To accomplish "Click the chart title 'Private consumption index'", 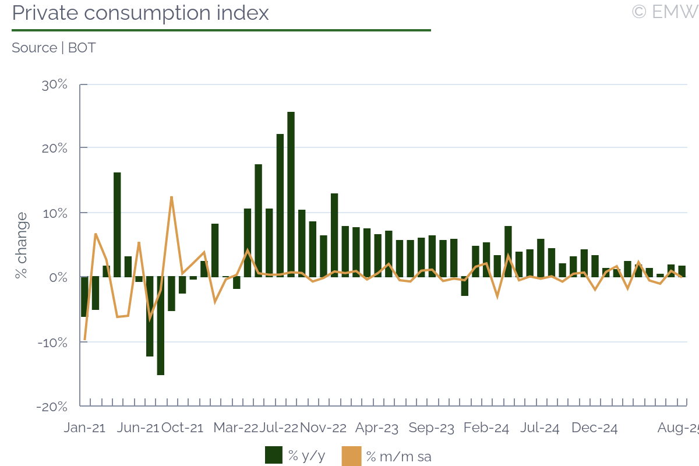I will [140, 13].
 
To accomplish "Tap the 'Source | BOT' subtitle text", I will [54, 48].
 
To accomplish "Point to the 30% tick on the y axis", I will [54, 84].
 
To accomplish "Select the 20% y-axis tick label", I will [54, 149].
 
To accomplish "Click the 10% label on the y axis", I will [54, 213].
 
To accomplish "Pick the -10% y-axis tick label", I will [52, 342].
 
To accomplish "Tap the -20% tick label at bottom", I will [52, 407].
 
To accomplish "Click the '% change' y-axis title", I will [22, 245].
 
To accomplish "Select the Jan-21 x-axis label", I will [84, 428].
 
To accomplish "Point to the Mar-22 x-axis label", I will [235, 428].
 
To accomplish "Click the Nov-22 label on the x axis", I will [323, 428].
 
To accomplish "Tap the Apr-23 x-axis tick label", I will [377, 428].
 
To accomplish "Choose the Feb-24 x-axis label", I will [486, 428].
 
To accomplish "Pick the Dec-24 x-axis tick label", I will [594, 428].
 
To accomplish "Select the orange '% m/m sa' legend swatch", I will [351, 456].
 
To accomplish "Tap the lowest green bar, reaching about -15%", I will [160, 326].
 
